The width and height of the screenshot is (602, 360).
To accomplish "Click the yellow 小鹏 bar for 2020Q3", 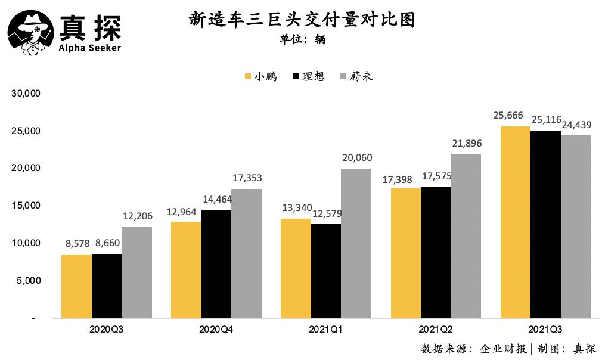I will pos(76,287).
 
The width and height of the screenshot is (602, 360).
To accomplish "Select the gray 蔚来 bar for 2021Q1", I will pos(356,244).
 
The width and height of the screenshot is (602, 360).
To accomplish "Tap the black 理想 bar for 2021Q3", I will pos(545,225).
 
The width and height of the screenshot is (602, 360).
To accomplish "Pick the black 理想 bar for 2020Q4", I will pos(216,265).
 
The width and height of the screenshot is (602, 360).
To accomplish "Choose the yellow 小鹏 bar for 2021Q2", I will pos(405,253).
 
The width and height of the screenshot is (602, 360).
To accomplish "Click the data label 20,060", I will pos(356,157).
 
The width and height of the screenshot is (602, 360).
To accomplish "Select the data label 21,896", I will pos(466,144).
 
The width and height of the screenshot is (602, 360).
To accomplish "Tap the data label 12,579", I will pos(326,213).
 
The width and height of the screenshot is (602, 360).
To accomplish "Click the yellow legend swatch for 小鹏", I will pos(248,77).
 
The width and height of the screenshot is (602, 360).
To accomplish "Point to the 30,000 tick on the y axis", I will pos(25,94).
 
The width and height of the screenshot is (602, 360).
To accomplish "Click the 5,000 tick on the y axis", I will pos(27,281).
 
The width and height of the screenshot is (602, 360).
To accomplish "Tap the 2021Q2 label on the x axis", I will pos(435,329).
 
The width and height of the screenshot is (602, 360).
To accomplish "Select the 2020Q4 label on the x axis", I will pos(216,329).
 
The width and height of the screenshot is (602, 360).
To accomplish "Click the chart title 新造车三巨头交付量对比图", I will pos(302,20).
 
